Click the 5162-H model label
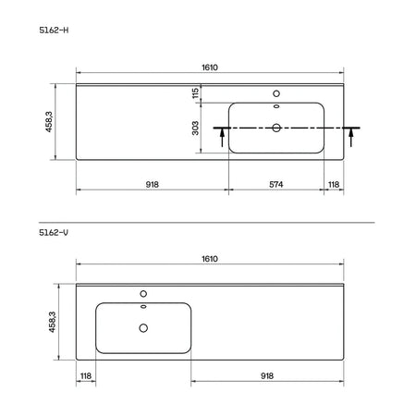54,31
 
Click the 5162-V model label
54,232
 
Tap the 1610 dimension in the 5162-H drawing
210,67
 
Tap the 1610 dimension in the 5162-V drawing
210,259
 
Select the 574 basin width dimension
276,184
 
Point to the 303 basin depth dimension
195,128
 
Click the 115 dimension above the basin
195,93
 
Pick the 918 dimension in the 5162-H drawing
153,184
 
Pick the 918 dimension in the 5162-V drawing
267,375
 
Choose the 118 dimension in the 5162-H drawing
334,184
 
